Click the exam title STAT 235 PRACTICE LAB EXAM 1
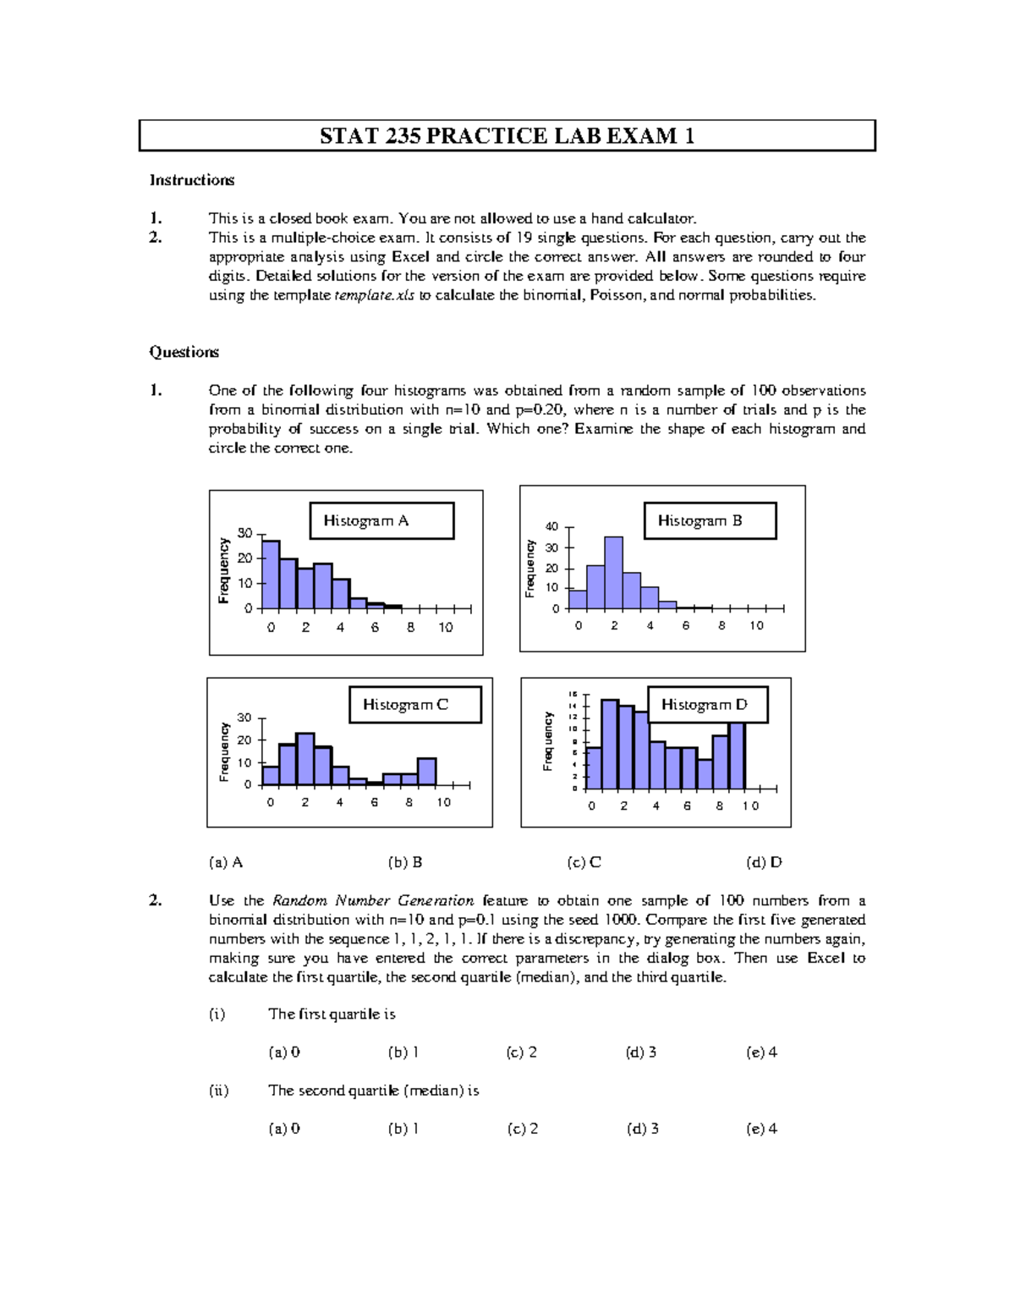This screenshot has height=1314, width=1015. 507,135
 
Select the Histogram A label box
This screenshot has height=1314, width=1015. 381,520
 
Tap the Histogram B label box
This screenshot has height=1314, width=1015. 710,520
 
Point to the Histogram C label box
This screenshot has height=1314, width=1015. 414,704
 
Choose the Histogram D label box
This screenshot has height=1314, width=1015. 707,704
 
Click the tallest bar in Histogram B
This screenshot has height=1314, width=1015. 613,573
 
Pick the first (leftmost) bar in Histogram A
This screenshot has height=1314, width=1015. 271,575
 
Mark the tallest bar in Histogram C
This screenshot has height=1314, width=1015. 304,759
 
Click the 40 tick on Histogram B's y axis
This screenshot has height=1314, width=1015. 551,527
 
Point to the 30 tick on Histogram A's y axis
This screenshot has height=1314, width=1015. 245,533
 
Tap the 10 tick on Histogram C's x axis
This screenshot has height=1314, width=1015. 443,802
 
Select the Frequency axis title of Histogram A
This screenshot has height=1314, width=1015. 224,570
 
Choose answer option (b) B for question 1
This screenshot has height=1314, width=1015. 405,862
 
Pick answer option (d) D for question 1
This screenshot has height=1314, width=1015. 764,862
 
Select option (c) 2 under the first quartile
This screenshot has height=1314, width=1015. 522,1052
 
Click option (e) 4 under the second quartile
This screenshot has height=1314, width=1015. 761,1128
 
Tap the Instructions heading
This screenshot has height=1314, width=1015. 192,179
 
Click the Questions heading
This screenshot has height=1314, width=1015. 184,352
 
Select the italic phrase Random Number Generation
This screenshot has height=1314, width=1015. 373,900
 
